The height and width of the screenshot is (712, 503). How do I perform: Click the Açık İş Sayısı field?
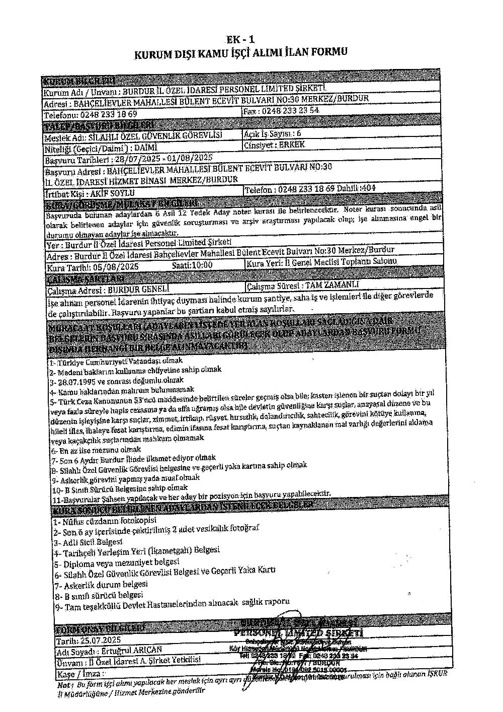coord(272,133)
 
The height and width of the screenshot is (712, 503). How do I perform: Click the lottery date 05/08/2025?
coord(117,266)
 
